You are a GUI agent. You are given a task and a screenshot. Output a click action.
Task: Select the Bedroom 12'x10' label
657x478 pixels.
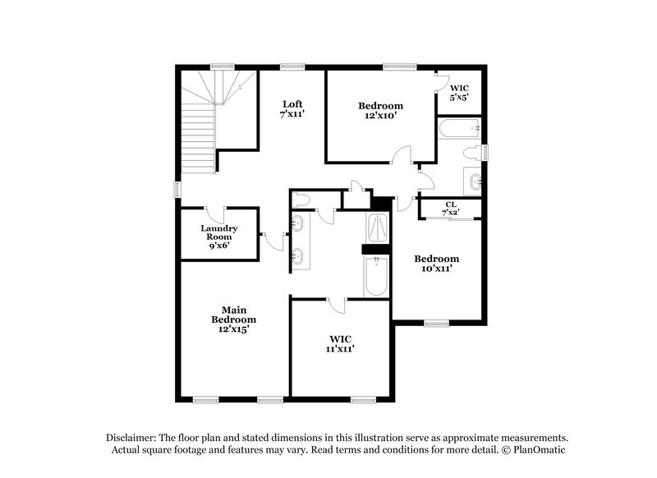380,111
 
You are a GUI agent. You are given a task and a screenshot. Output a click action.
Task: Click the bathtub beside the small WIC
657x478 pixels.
458,130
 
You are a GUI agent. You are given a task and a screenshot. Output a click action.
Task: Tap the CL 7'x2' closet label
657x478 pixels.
451,209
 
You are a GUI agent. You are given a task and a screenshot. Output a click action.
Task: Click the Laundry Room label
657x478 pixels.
219,236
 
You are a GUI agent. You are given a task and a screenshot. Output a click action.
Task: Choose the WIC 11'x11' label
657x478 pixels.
341,342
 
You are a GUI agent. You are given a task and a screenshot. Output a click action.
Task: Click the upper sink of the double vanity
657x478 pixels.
298,223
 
